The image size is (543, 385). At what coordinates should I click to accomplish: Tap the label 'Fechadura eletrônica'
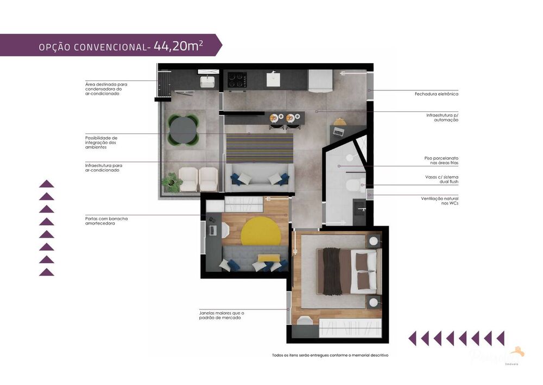tap(436, 94)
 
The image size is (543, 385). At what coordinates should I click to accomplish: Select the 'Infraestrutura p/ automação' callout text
tap(442, 117)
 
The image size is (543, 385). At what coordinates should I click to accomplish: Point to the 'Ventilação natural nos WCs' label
tap(439, 201)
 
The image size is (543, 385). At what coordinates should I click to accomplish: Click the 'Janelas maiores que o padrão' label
tap(222, 315)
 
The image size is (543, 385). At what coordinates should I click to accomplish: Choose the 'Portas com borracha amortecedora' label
tap(106, 221)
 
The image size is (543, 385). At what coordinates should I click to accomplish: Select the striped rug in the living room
tap(259, 148)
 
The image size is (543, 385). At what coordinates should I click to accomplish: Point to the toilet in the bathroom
tap(355, 186)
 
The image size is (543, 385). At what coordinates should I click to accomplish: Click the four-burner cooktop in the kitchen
tap(237, 80)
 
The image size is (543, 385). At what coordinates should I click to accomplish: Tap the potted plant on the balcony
tap(173, 181)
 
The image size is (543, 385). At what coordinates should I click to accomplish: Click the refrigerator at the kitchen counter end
tap(320, 81)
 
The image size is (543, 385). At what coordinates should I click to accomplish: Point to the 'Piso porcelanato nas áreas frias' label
tap(441, 160)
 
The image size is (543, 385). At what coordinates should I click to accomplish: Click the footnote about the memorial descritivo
tap(330, 355)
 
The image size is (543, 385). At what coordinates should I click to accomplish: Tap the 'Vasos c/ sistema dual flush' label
tap(441, 179)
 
